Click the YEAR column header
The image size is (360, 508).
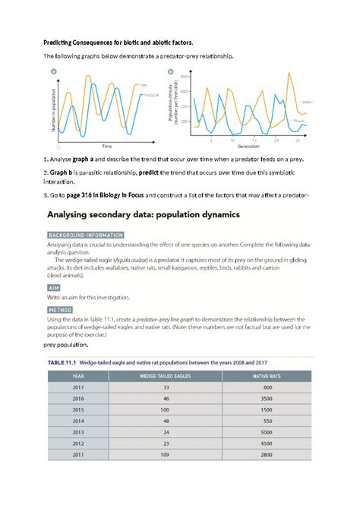point(77,375)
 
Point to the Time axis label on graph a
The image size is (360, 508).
point(86,144)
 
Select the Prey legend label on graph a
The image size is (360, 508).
point(143,85)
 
